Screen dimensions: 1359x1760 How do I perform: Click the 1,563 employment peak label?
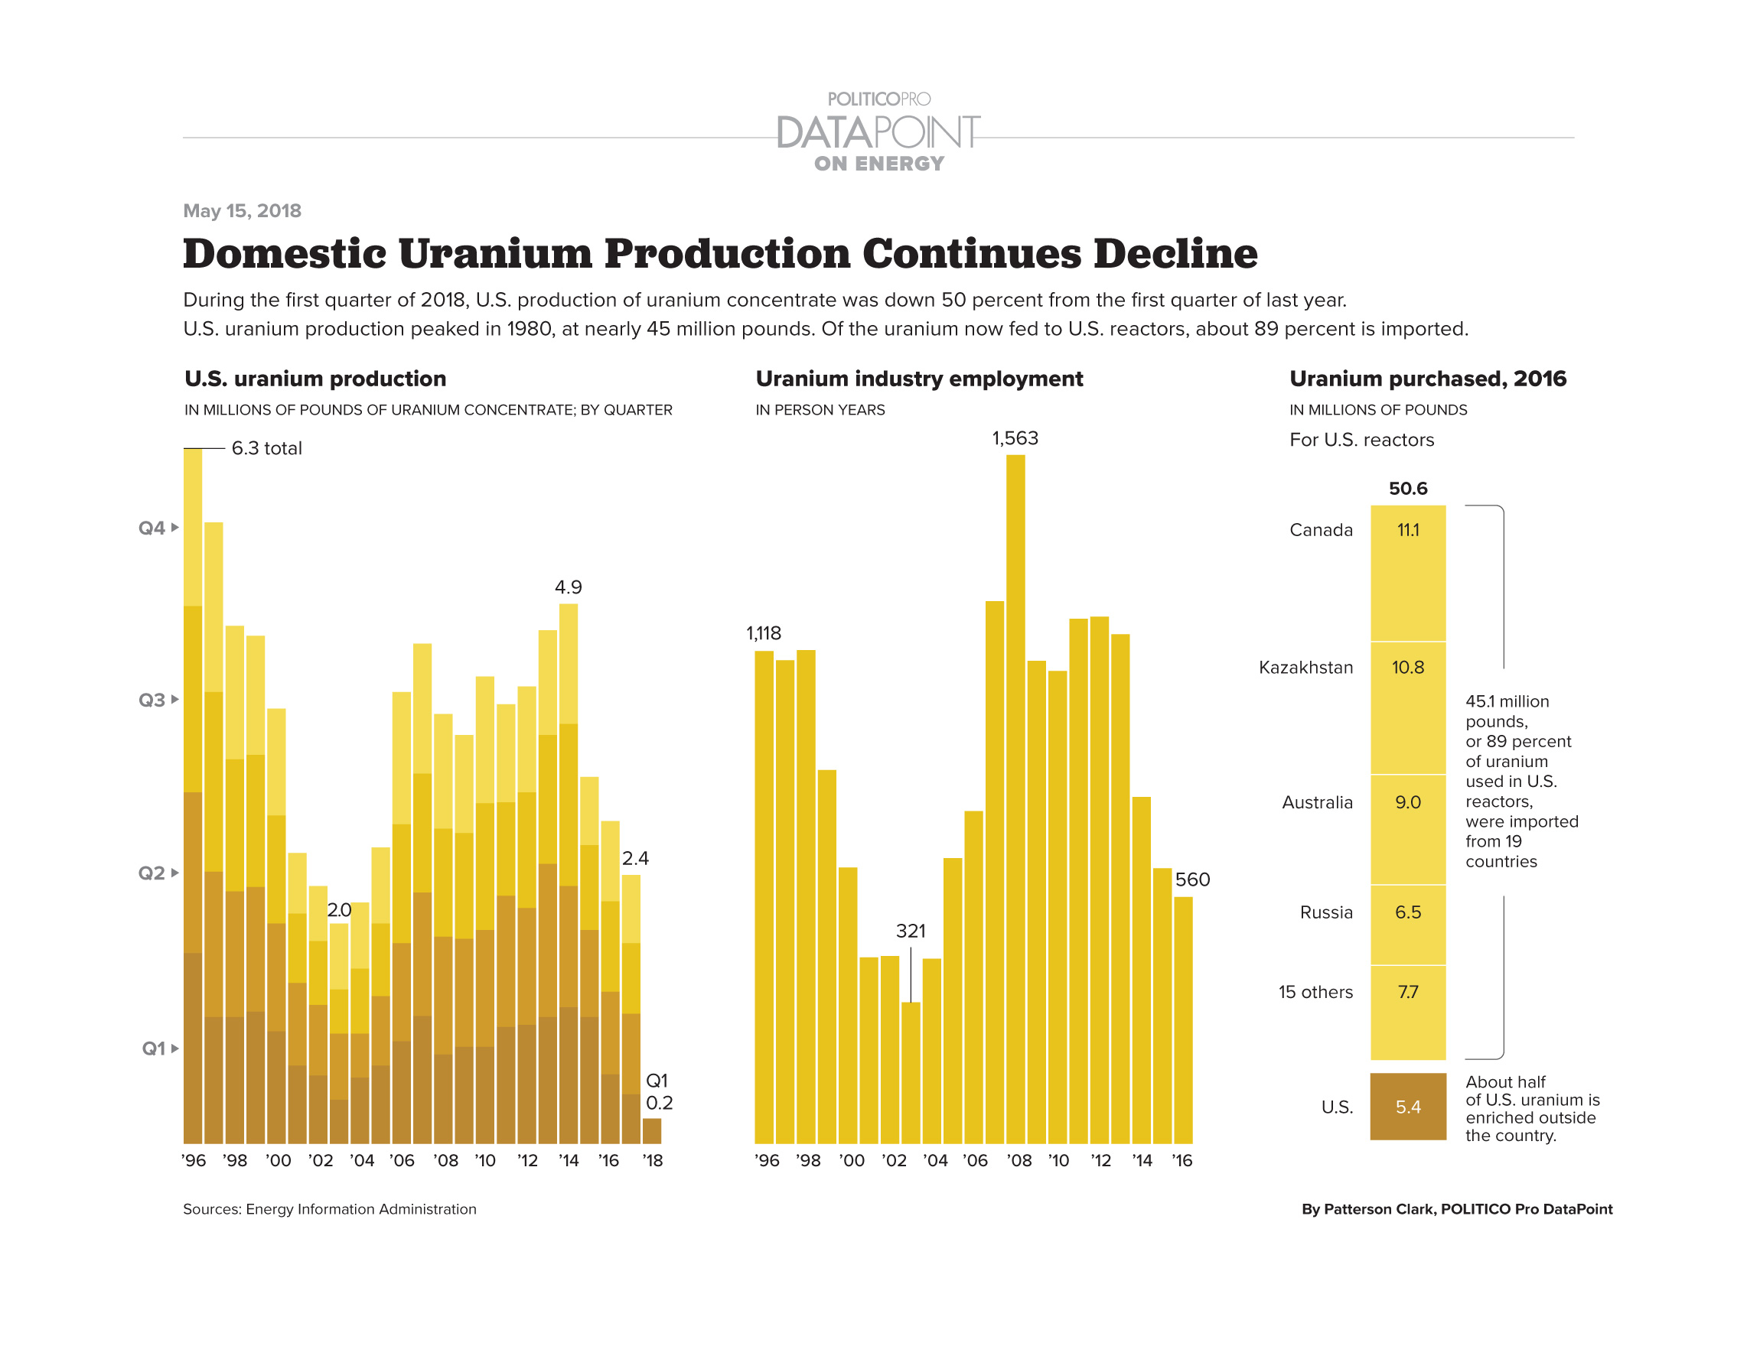tap(1015, 438)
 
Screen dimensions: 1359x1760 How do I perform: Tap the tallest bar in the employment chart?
tap(1015, 798)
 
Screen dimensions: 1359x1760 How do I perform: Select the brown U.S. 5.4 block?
tap(1407, 1106)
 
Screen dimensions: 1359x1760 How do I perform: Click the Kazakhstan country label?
tap(1305, 667)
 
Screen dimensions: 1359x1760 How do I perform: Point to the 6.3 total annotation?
tap(266, 448)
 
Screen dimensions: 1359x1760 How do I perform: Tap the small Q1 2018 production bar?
tap(651, 1130)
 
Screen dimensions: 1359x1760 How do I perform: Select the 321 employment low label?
tap(911, 931)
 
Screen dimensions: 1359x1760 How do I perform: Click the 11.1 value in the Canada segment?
tap(1407, 530)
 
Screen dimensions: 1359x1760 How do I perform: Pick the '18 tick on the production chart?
tap(652, 1160)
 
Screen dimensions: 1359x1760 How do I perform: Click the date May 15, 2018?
tap(242, 210)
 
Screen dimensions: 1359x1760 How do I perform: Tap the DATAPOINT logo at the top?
tap(878, 132)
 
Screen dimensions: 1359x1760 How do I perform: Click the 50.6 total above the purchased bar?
tap(1407, 488)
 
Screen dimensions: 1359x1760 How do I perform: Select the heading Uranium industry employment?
tap(919, 379)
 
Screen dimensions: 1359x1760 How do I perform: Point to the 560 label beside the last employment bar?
tap(1192, 879)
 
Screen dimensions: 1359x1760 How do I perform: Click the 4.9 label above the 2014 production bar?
tap(568, 587)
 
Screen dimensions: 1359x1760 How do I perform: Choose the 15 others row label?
tap(1315, 992)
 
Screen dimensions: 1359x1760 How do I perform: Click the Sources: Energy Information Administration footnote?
tap(330, 1208)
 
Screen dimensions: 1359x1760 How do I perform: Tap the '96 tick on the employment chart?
tap(767, 1160)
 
